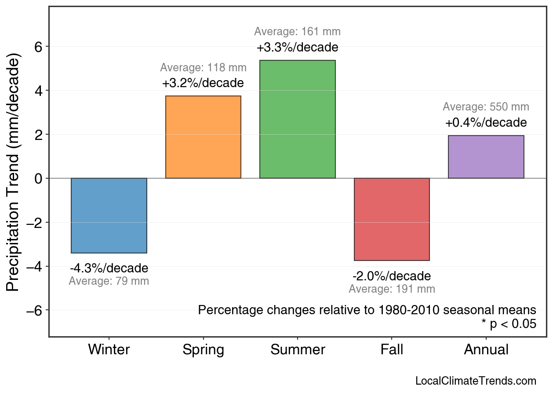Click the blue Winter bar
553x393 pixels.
click(x=109, y=215)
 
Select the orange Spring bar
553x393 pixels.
click(x=203, y=137)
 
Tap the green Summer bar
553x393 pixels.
click(x=297, y=119)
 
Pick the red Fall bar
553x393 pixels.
click(x=392, y=219)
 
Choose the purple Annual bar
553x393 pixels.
click(x=486, y=157)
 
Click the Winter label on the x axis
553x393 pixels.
click(x=109, y=350)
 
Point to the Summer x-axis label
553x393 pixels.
click(x=298, y=350)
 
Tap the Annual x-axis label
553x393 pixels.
click(x=486, y=350)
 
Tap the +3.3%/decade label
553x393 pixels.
click(x=297, y=47)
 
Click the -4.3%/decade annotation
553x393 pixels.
click(x=109, y=268)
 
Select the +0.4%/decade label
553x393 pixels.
click(x=486, y=122)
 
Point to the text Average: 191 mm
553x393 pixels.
click(x=392, y=289)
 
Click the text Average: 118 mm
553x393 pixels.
click(x=203, y=68)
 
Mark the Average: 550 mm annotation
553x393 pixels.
click(x=486, y=107)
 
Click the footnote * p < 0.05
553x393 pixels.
click(x=509, y=324)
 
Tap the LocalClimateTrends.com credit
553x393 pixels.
click(x=476, y=381)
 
